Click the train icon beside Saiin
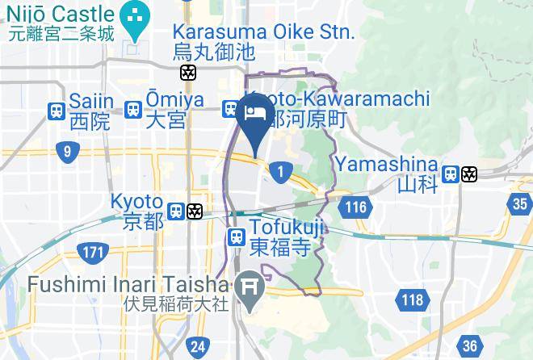tap(57, 110)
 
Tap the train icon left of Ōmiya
tap(134, 109)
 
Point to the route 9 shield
tap(67, 151)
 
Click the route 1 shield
tap(281, 171)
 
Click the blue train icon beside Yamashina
tap(451, 174)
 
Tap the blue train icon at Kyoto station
tap(175, 211)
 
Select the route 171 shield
tap(93, 253)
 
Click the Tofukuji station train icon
tap(236, 237)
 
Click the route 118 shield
tap(411, 301)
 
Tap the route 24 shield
tap(196, 348)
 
